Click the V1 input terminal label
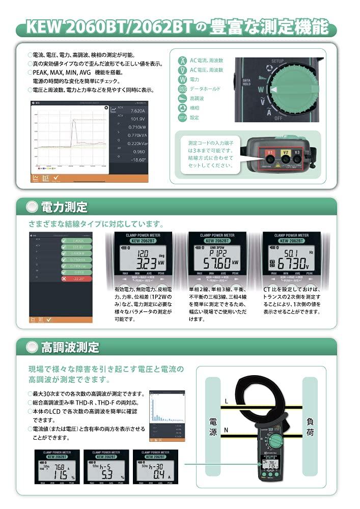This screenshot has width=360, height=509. point(271,152)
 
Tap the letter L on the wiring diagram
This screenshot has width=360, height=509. point(226,401)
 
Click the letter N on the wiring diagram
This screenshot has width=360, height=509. point(226,431)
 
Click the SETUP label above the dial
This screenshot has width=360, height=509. point(278,61)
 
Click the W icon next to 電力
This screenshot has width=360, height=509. point(182,79)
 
